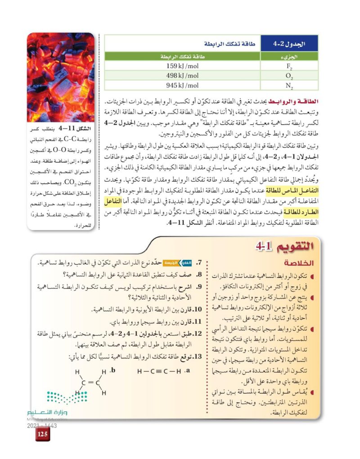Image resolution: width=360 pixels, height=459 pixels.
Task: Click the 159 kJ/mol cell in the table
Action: pyautogui.click(x=182, y=66)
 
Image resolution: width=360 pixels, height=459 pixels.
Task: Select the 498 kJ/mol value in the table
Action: pyautogui.click(x=182, y=75)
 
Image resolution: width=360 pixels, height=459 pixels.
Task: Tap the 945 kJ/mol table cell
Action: pyautogui.click(x=182, y=85)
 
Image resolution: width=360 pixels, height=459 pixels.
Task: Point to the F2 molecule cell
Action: pyautogui.click(x=289, y=66)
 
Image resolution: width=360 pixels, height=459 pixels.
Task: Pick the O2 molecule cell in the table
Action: pyautogui.click(x=289, y=76)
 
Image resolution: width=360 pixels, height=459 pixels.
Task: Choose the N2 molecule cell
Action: pyautogui.click(x=289, y=85)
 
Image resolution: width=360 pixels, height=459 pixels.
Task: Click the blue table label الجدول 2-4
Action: pyautogui.click(x=289, y=44)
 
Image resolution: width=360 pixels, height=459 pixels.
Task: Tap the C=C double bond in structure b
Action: pyautogui.click(x=90, y=382)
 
